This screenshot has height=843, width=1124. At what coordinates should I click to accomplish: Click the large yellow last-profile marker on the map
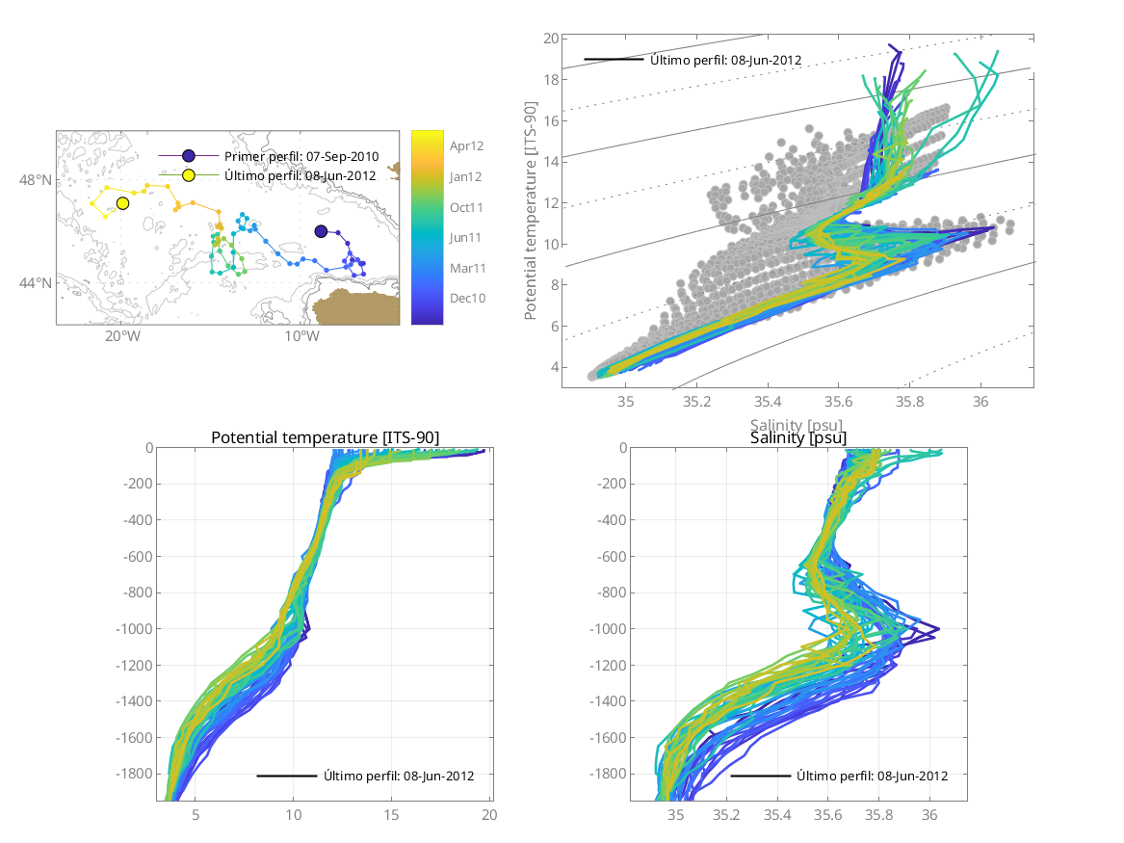(123, 203)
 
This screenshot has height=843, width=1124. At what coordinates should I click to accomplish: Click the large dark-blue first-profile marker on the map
(321, 231)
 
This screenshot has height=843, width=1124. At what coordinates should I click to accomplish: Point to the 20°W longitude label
(122, 336)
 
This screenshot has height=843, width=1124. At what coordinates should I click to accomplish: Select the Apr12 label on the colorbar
(466, 146)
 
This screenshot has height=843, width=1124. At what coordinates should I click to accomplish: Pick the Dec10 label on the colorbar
(467, 299)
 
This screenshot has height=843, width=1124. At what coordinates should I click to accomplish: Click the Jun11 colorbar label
(466, 237)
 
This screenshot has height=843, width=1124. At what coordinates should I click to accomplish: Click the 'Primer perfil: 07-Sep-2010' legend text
(301, 156)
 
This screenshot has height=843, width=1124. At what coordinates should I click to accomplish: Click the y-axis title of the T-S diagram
(531, 213)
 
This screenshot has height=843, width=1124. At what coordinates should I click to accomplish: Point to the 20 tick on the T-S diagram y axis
(551, 39)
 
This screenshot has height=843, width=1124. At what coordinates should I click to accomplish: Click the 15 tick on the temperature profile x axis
(391, 815)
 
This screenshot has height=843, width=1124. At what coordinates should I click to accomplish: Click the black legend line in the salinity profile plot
(760, 776)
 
